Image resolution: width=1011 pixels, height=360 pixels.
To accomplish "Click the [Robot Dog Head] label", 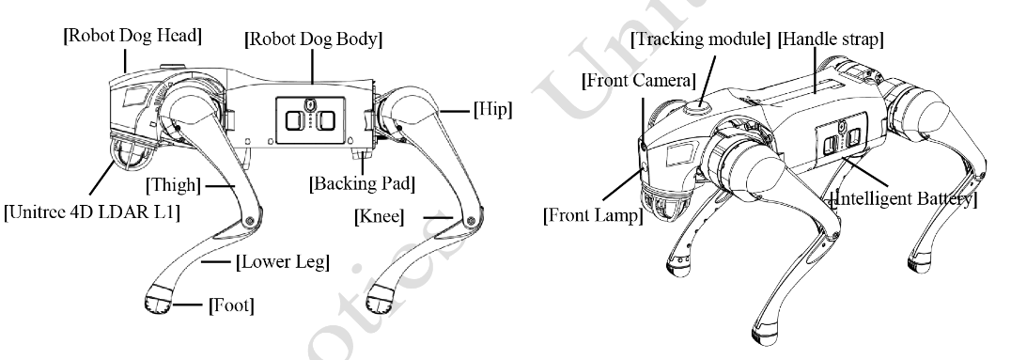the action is tap(132, 36).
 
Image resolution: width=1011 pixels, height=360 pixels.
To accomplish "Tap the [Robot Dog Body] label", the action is tap(314, 39).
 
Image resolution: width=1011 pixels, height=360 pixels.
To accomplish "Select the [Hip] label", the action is tap(492, 110).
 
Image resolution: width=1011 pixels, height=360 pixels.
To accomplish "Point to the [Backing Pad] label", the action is tap(362, 183).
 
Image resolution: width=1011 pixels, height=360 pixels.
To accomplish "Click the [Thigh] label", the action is tap(173, 186).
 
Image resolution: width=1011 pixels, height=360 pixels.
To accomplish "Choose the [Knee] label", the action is tap(380, 217).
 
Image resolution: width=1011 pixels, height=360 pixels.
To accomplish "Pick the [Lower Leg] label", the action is tap(283, 262).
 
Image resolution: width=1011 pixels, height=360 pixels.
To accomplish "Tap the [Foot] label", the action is tap(231, 305).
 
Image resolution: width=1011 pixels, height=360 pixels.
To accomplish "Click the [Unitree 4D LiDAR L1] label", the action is tap(91, 212).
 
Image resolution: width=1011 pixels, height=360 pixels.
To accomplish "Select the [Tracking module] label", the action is tap(700, 39).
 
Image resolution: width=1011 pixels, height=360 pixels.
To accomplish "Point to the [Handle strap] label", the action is tap(831, 39).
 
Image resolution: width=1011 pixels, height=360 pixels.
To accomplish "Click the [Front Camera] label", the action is tap(638, 81).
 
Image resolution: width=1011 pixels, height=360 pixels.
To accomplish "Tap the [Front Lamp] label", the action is tap(593, 215).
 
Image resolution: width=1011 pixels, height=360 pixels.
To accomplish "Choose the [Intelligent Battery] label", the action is tap(903, 198).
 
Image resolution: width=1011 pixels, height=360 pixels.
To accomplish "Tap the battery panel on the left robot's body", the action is tap(310, 119).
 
